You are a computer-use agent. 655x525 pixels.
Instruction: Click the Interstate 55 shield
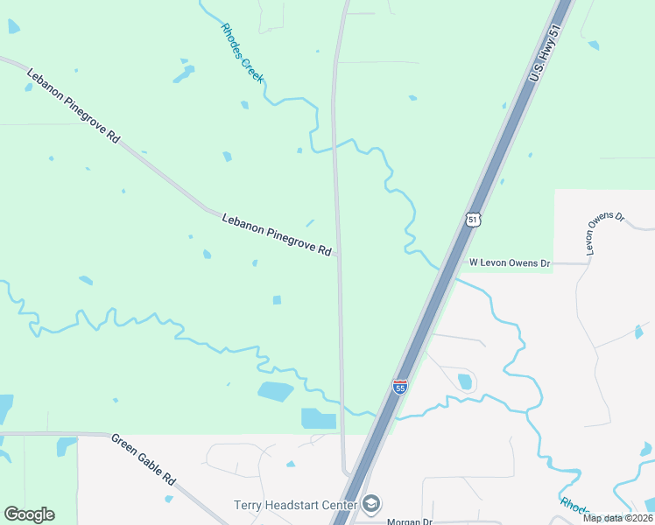(399, 386)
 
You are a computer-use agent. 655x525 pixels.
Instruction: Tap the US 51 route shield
(473, 220)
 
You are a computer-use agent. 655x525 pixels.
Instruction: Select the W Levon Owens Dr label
(510, 262)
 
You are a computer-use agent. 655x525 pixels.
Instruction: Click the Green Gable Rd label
(144, 458)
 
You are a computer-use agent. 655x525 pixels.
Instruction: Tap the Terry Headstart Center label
(295, 505)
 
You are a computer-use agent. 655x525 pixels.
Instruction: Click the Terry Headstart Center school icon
(371, 504)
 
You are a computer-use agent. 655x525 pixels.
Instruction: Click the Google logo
(29, 514)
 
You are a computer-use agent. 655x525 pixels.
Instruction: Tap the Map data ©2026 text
(617, 518)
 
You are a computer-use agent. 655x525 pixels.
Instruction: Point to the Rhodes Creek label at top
(243, 52)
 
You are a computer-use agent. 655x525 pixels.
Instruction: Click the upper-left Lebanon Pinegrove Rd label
(73, 105)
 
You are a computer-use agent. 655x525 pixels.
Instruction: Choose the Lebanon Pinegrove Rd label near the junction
(276, 234)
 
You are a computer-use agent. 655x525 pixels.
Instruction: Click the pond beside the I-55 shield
(464, 381)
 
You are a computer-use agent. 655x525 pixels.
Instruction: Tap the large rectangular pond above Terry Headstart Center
(318, 418)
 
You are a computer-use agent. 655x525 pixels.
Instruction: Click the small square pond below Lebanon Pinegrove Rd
(277, 300)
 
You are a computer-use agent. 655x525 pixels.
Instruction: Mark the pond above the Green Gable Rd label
(67, 445)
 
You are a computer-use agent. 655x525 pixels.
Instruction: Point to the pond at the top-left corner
(13, 26)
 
